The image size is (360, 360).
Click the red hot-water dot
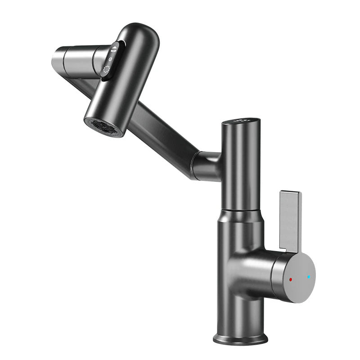point(291,279)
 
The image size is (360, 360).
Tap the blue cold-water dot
point(308,277)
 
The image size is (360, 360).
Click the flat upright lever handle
point(290,220)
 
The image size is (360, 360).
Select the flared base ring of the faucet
point(240,338)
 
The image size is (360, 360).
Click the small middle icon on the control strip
point(110,59)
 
